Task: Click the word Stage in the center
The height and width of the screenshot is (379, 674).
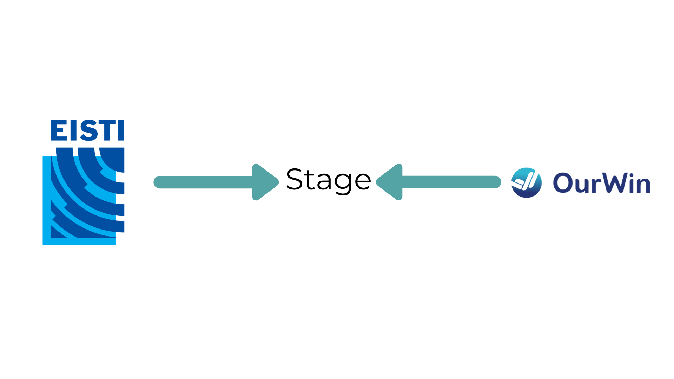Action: (x=329, y=180)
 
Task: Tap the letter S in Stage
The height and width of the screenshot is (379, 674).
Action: (x=294, y=179)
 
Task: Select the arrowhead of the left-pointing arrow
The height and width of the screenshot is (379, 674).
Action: (x=390, y=182)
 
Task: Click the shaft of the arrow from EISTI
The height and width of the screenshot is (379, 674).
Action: (x=204, y=182)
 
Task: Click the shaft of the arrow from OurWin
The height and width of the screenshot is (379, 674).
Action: (x=451, y=182)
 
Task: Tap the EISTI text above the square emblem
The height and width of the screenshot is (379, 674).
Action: (x=87, y=131)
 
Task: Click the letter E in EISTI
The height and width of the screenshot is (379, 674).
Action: (x=59, y=131)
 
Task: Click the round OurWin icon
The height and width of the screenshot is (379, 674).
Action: (x=526, y=183)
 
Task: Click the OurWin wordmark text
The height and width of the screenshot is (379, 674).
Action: (x=601, y=183)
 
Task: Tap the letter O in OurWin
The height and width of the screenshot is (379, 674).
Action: (x=563, y=183)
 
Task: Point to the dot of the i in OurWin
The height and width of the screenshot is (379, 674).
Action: (x=632, y=175)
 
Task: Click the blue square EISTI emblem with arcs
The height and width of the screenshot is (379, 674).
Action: (x=83, y=197)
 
